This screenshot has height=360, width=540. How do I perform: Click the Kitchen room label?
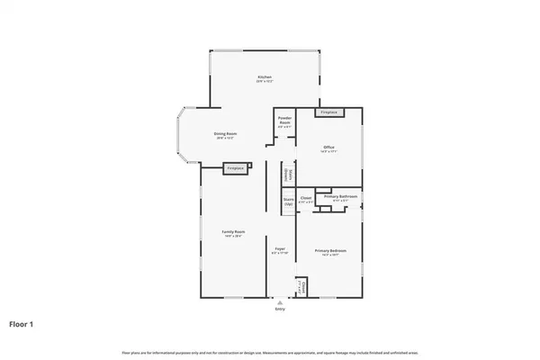(x=265, y=77)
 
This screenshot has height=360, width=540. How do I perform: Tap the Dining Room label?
(x=224, y=134)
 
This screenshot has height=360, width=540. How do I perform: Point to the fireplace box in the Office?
(x=328, y=112)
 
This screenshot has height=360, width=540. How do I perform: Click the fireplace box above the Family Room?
(x=236, y=168)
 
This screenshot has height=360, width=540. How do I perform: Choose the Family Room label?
(x=234, y=232)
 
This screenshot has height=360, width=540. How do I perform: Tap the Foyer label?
(x=280, y=247)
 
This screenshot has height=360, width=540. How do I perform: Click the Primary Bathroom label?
(x=341, y=196)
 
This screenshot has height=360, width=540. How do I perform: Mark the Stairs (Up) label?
(x=288, y=202)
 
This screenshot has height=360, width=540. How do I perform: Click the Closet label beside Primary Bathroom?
(x=306, y=197)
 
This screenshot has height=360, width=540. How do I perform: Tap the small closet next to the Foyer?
(x=304, y=287)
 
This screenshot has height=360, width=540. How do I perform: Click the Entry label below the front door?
(x=280, y=309)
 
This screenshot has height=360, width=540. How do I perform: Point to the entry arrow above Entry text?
(x=280, y=302)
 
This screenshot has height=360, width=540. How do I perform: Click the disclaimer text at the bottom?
(x=270, y=351)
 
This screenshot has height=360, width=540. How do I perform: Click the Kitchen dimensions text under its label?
(x=265, y=82)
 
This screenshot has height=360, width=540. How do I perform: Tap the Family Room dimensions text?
(x=234, y=237)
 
